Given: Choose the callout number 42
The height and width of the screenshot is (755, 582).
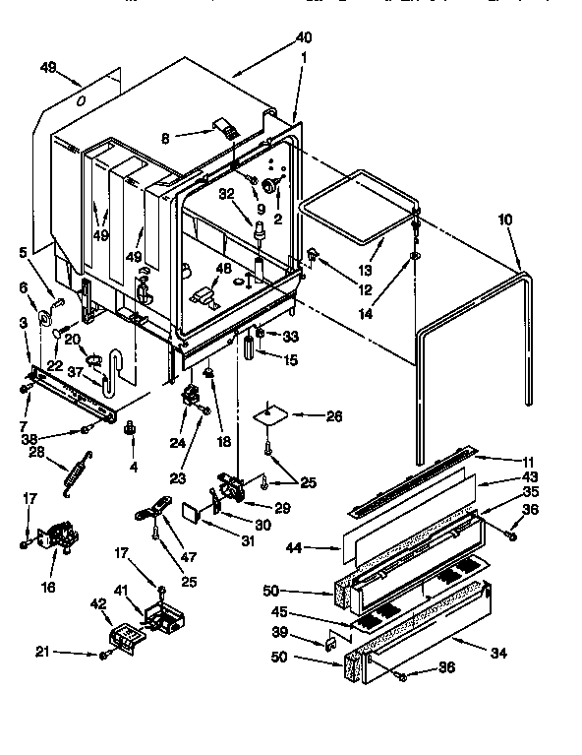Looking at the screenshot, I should tap(98, 603).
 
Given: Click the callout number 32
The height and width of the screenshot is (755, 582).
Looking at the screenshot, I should tap(226, 195).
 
